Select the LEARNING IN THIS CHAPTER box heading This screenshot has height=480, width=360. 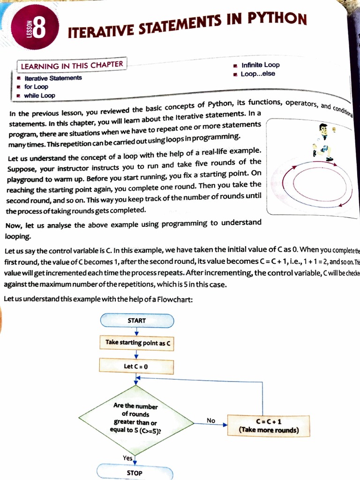click(x=72, y=65)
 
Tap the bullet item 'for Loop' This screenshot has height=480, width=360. click(x=36, y=87)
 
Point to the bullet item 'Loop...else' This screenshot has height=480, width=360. click(x=258, y=74)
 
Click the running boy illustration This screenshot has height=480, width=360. click(x=323, y=142)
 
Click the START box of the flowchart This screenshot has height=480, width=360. click(x=136, y=321)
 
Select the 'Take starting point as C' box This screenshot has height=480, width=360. click(x=136, y=343)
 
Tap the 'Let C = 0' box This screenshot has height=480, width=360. click(x=136, y=366)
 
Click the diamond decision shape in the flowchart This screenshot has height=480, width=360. click(x=136, y=419)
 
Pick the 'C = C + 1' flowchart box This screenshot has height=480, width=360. click(x=269, y=426)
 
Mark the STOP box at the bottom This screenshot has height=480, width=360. click(x=135, y=472)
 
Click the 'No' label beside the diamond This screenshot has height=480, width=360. click(x=211, y=420)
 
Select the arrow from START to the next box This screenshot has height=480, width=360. click(x=136, y=331)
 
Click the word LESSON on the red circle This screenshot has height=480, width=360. click(x=30, y=29)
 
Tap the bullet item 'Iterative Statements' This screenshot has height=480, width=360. click(x=53, y=78)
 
